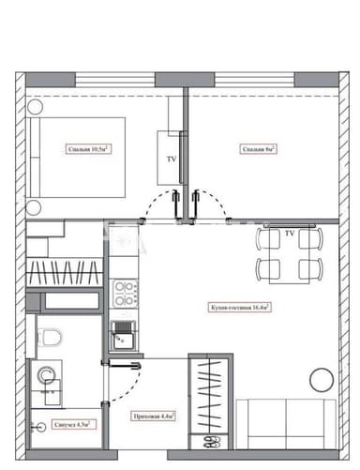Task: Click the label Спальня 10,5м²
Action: [x=89, y=148]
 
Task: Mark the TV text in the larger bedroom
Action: [x=171, y=160]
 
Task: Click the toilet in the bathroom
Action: [x=52, y=334]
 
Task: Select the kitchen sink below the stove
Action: [x=122, y=330]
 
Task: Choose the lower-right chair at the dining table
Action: [x=307, y=269]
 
